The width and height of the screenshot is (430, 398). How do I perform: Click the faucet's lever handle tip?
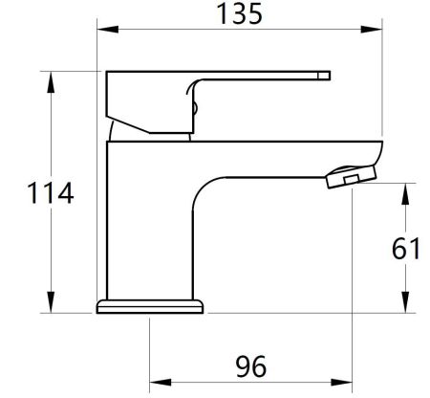(323, 76)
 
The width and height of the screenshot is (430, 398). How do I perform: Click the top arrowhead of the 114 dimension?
(48, 78)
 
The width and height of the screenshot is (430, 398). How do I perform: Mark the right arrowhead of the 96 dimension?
(344, 379)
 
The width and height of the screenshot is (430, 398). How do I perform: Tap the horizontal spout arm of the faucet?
(287, 158)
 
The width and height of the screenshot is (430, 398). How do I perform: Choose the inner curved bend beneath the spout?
(206, 191)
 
